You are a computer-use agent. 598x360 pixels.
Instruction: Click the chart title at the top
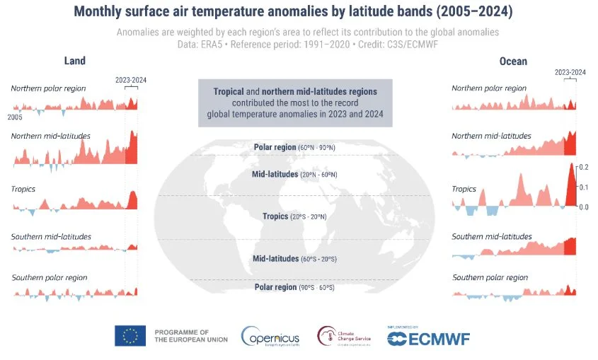(299, 12)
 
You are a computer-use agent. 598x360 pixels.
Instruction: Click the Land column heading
(75, 61)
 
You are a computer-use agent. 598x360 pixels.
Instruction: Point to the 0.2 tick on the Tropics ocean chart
(584, 168)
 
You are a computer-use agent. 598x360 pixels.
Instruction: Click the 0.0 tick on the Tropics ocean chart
(584, 207)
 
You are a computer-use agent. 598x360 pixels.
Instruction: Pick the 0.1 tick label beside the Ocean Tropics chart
(584, 187)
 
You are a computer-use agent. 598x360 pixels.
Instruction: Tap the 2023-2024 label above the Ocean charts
(570, 72)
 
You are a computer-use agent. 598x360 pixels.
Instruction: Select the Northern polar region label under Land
(48, 88)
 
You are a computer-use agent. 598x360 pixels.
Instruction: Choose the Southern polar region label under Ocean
(490, 277)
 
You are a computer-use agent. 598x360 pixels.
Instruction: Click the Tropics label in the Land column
(23, 189)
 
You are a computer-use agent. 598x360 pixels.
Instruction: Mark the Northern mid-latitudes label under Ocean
(491, 135)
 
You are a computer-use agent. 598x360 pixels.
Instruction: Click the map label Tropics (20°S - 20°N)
(295, 216)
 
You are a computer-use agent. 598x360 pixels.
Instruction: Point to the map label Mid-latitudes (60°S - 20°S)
(295, 259)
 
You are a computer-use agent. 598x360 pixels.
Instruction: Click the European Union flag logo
(130, 336)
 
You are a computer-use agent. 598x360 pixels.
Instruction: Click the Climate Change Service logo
(345, 336)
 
